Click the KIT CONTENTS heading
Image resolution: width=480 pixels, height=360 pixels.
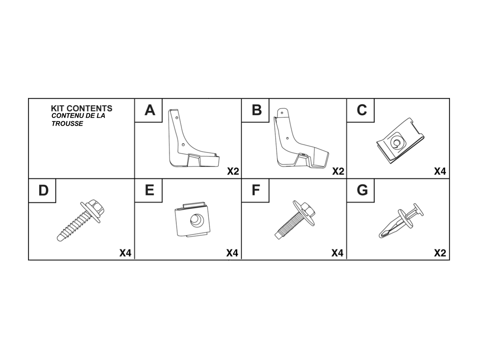click(x=82, y=108)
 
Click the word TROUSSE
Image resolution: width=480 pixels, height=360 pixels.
click(x=67, y=124)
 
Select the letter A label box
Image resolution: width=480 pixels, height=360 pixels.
click(x=149, y=110)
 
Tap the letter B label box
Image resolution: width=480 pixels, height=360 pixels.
click(x=256, y=110)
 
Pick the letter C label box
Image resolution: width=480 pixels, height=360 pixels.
click(x=361, y=110)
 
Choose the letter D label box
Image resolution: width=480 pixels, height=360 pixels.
click(x=43, y=190)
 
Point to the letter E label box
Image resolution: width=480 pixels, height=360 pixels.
click(x=149, y=190)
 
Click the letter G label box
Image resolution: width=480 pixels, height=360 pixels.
click(x=361, y=190)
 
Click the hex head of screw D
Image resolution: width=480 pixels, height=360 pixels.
click(x=95, y=206)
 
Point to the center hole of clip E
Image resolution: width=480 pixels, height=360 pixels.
click(x=196, y=220)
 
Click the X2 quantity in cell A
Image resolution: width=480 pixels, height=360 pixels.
click(x=233, y=172)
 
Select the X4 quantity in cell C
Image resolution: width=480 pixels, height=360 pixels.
click(x=440, y=172)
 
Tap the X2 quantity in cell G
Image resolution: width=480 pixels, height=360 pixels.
click(x=440, y=253)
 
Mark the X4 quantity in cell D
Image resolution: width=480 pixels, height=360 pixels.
click(x=125, y=253)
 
